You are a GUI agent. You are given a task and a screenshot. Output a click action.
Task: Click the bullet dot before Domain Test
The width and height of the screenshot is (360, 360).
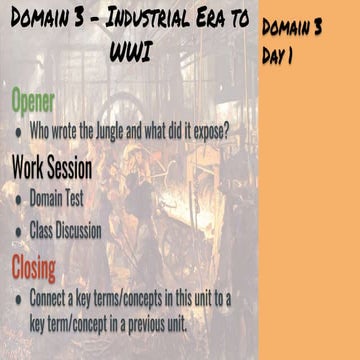18,198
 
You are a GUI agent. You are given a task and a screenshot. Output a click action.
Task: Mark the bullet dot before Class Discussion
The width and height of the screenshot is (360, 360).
18,231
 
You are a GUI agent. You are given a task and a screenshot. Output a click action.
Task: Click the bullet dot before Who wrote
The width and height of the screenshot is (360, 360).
18,131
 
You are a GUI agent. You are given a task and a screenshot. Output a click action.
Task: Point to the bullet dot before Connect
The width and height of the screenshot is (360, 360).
18,298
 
